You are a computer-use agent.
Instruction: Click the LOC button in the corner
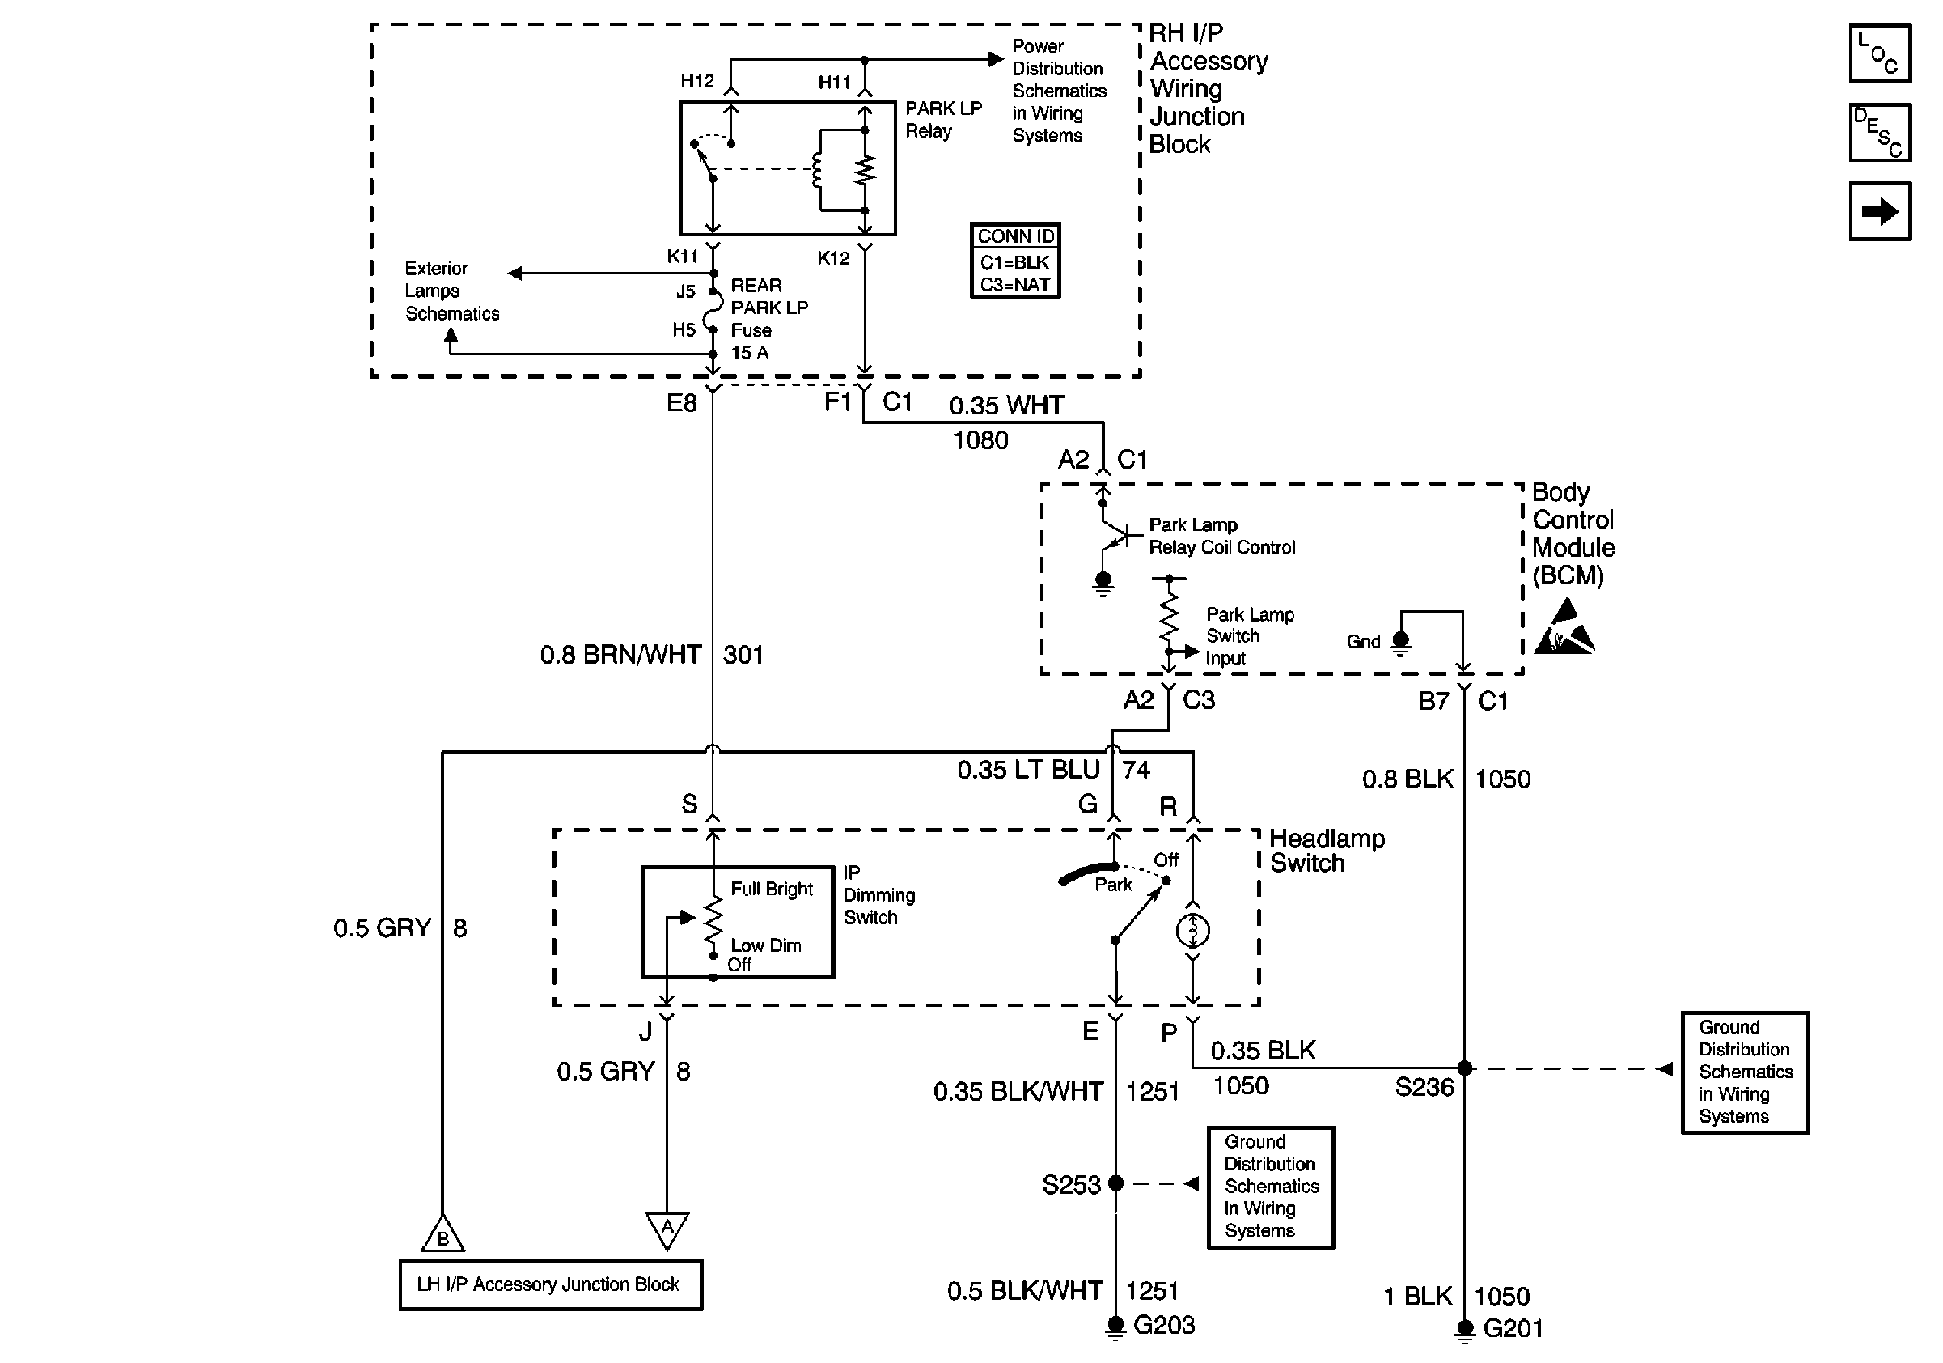point(1880,53)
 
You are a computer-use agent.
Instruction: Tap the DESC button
point(1880,132)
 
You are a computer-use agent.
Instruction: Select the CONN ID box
point(1014,260)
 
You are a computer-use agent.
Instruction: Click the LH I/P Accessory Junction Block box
point(550,1284)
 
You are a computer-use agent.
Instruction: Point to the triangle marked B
point(442,1236)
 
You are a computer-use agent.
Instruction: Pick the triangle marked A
point(667,1229)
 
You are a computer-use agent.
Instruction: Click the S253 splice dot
point(1115,1183)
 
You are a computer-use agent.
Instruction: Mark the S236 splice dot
point(1464,1068)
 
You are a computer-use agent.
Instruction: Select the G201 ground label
point(1513,1328)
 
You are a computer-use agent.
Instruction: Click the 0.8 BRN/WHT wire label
point(620,655)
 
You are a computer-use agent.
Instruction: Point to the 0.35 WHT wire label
point(1005,406)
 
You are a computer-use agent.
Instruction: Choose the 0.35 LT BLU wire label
point(1027,770)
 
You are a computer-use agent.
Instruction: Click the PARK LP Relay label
point(942,119)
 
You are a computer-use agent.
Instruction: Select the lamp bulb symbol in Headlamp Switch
point(1192,932)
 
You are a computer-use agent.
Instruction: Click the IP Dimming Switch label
point(878,895)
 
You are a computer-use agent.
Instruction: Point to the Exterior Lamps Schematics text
point(451,291)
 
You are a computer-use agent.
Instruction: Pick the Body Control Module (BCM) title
point(1573,533)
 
